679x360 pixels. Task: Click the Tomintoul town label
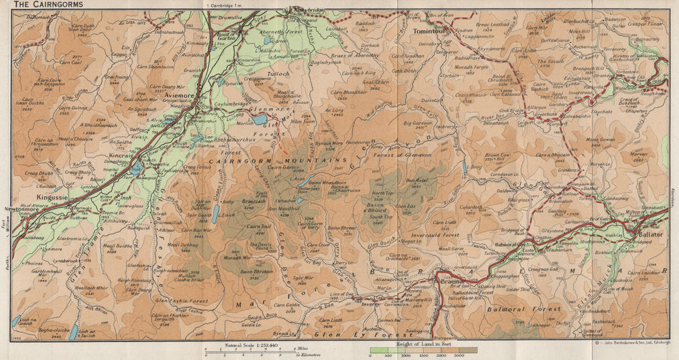pos(429,31)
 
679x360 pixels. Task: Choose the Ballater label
pos(649,234)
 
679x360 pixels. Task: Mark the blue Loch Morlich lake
pos(260,120)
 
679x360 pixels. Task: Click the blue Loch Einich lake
pos(215,215)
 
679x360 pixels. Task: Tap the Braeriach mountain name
pos(253,202)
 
